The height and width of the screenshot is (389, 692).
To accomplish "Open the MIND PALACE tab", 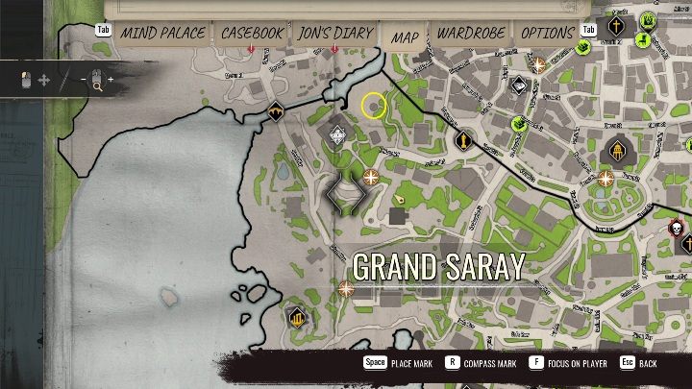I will click(162, 34).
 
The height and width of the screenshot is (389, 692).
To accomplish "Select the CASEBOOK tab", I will click(252, 34).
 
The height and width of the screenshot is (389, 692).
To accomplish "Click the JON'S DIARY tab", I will click(334, 34).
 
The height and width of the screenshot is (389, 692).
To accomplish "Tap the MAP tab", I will click(405, 36).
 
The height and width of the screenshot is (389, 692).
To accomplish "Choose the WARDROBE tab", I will click(472, 34).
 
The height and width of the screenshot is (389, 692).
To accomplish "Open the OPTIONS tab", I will click(548, 34).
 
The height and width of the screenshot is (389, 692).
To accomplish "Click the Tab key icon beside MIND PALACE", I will click(103, 30).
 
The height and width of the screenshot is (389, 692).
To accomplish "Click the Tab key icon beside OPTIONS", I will click(589, 30).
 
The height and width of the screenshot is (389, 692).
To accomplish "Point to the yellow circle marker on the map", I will click(374, 106).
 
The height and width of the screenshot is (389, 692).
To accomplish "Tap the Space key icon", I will click(375, 364).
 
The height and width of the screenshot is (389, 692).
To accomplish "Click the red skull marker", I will click(677, 228).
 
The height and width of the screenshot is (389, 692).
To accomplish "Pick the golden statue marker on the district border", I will click(463, 142).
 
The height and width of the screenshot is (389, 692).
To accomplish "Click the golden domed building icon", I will click(614, 152).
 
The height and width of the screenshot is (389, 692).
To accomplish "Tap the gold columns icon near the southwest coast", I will click(297, 316).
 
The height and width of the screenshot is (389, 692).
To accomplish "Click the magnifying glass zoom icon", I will click(97, 83).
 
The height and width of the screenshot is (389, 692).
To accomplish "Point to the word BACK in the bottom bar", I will click(648, 365).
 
